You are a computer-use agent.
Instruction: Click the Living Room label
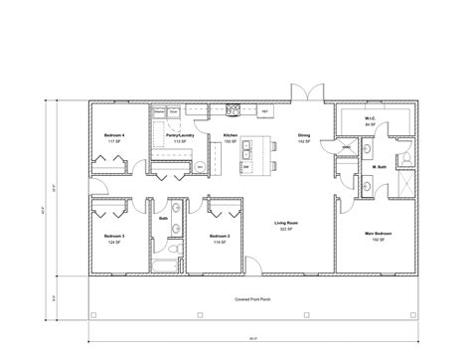click(x=286, y=224)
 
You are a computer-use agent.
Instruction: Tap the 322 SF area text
click(x=286, y=230)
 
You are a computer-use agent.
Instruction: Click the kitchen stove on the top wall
click(x=235, y=108)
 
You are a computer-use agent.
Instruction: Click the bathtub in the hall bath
click(x=165, y=264)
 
